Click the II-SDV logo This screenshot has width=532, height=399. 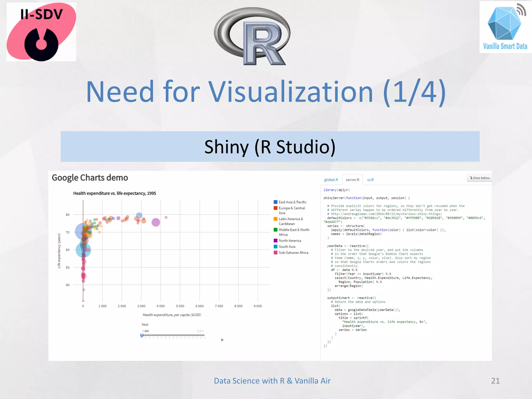(x=41, y=32)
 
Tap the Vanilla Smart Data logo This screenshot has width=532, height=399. (x=505, y=27)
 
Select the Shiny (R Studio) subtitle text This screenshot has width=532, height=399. (x=270, y=147)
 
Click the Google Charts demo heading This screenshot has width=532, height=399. (x=90, y=178)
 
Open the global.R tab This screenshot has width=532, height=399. (x=331, y=180)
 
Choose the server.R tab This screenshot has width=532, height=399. (x=353, y=180)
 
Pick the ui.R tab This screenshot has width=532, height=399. (x=370, y=180)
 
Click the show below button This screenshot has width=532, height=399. (x=480, y=178)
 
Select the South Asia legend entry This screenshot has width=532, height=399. (x=287, y=247)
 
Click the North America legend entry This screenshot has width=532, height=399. (x=290, y=241)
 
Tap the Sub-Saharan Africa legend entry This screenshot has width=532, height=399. (x=293, y=252)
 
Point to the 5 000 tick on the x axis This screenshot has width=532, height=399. (x=180, y=306)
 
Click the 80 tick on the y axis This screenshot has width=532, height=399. (x=68, y=215)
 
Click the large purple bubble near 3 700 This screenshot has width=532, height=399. (x=156, y=222)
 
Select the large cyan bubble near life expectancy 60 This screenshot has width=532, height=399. (x=83, y=250)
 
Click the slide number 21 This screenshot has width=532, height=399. (x=495, y=381)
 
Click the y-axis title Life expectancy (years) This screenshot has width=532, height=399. (x=59, y=251)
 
